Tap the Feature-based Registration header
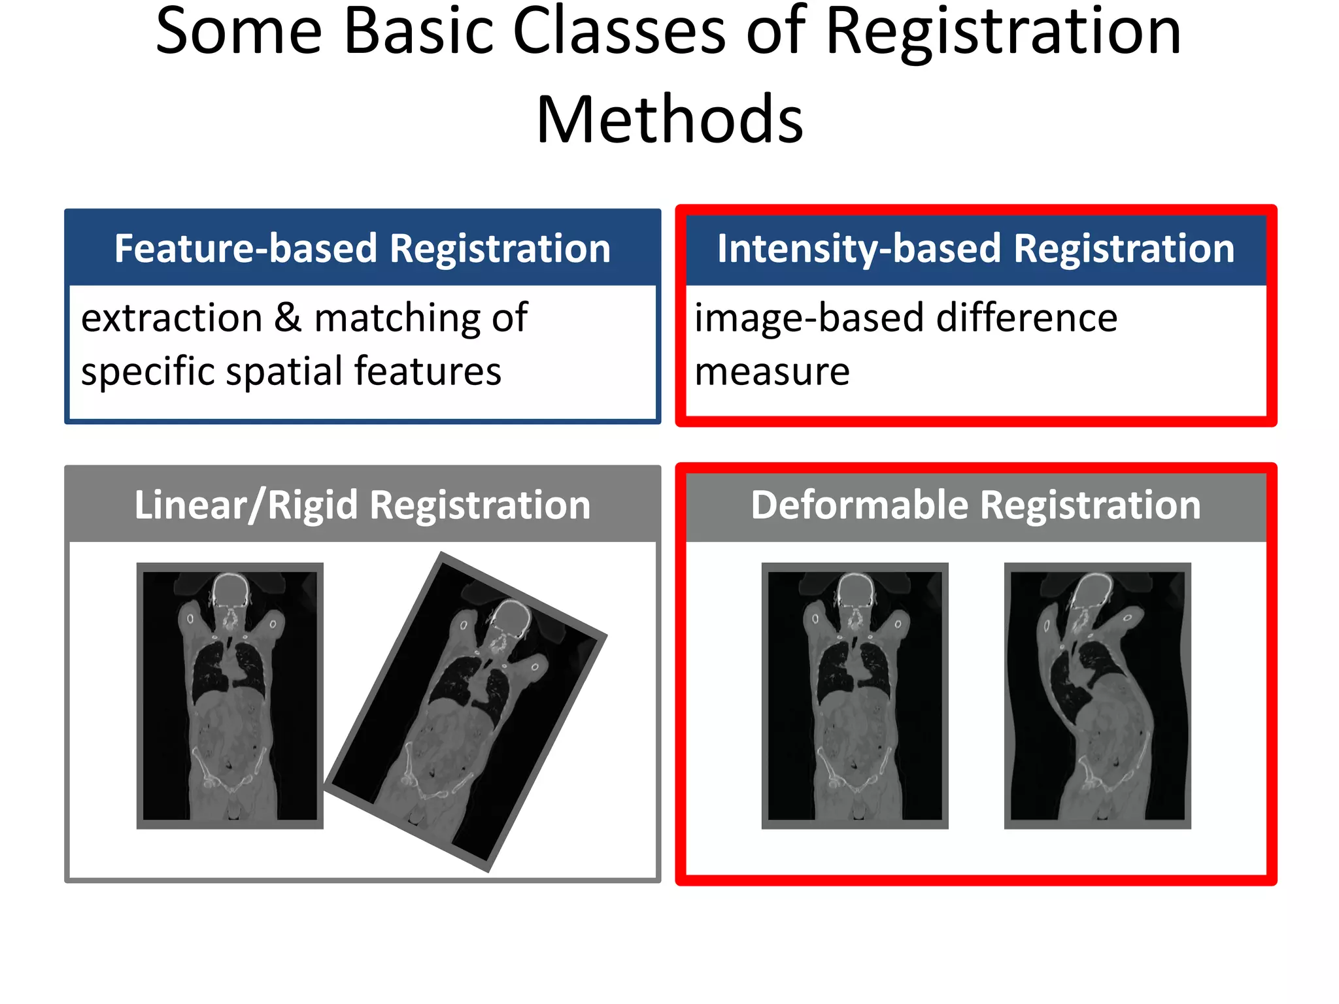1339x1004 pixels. [362, 248]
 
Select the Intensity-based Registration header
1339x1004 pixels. [975, 248]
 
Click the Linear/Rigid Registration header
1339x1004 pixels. [362, 505]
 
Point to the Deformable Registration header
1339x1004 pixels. [975, 505]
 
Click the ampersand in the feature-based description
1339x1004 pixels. [288, 318]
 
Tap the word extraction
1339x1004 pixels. [172, 318]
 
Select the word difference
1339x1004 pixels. [1026, 318]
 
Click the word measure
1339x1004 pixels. [771, 371]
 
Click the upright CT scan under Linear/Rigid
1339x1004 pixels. [229, 695]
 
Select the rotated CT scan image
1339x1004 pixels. [466, 712]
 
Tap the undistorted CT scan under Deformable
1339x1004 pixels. [855, 695]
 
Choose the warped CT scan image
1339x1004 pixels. [1097, 695]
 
